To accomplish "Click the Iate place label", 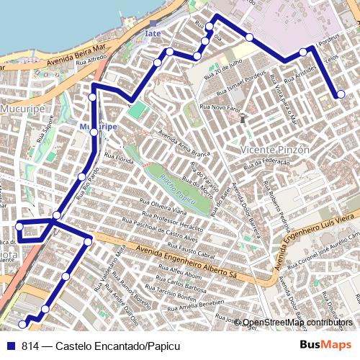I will pyautogui.click(x=153, y=33).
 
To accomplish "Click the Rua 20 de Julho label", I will pyautogui.click(x=222, y=69).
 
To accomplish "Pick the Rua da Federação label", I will pyautogui.click(x=271, y=163).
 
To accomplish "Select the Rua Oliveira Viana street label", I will pyautogui.click(x=163, y=206).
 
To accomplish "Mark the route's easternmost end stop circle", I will pyautogui.click(x=341, y=94).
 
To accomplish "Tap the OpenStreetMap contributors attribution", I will pyautogui.click(x=297, y=322).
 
